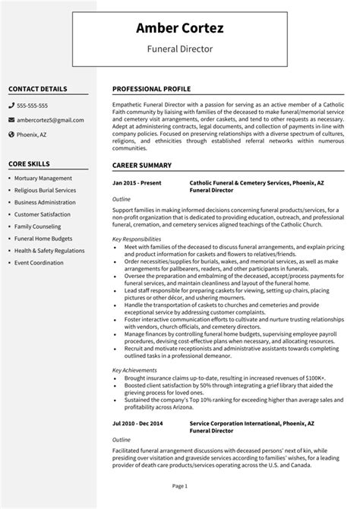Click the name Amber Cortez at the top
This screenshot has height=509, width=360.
click(179, 29)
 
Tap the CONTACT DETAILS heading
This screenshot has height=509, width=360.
click(38, 88)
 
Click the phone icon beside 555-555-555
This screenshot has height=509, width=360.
click(11, 106)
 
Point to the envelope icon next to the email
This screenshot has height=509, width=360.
click(11, 120)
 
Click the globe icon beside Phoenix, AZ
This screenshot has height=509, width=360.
click(11, 134)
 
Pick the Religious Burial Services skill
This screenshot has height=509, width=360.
click(45, 190)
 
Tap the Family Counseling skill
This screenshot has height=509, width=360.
click(38, 226)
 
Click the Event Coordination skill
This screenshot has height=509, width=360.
click(39, 263)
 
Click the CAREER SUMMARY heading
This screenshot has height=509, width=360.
click(142, 164)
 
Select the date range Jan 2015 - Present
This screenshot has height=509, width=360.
click(136, 183)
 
